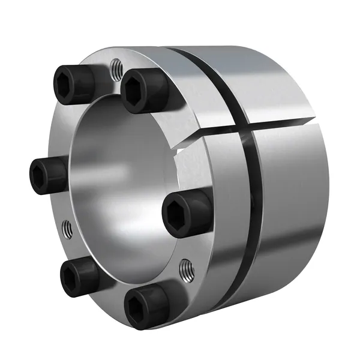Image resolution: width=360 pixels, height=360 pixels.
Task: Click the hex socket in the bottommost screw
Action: click(137, 309)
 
